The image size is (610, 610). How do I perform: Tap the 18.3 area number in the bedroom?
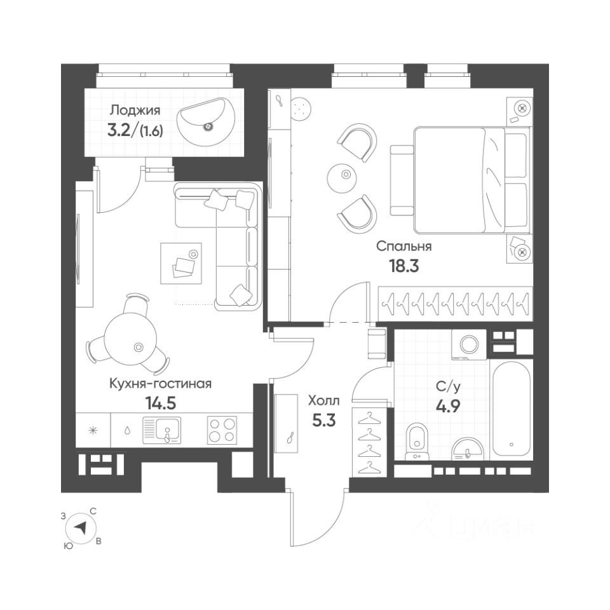coord(403,265)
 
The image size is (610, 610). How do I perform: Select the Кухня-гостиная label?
coord(160,384)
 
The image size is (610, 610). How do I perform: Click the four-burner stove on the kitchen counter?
coord(221,430)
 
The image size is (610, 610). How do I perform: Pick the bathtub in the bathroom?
coord(512,409)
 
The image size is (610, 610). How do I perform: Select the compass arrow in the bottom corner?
coord(81,527)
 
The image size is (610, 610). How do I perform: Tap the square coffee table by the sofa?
coord(181,263)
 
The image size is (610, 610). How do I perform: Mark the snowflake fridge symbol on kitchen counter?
coord(93,430)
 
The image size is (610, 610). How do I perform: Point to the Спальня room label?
coord(403,247)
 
